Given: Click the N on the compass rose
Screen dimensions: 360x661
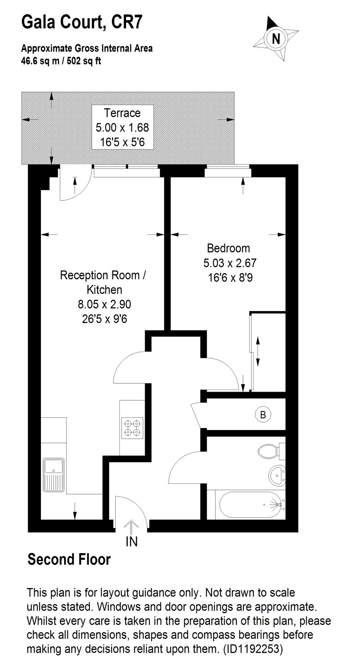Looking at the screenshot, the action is (276, 39).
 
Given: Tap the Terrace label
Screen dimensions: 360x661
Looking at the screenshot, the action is (122, 113).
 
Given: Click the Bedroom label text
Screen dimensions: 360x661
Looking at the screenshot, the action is (228, 248).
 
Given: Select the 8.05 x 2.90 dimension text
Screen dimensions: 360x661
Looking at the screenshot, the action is (105, 304).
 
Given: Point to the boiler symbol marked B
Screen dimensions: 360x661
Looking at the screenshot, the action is (263, 415).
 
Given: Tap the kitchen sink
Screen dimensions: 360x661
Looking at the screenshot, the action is (53, 475).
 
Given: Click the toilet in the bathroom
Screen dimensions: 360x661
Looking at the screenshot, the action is (271, 451).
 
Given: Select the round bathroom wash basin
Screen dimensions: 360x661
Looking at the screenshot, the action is (277, 475).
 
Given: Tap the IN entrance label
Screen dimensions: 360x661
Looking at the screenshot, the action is (132, 542).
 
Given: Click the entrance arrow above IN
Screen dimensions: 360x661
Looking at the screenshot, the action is (131, 527).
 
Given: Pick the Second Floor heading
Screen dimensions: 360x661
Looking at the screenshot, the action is (69, 559).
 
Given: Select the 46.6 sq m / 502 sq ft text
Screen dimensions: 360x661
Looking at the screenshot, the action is (61, 61).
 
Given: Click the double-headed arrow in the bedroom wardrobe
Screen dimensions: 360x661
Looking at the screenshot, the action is (257, 352).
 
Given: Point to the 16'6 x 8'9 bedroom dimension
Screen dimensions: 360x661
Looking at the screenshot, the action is (230, 278).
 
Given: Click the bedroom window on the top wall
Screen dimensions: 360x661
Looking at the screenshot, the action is (228, 171).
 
